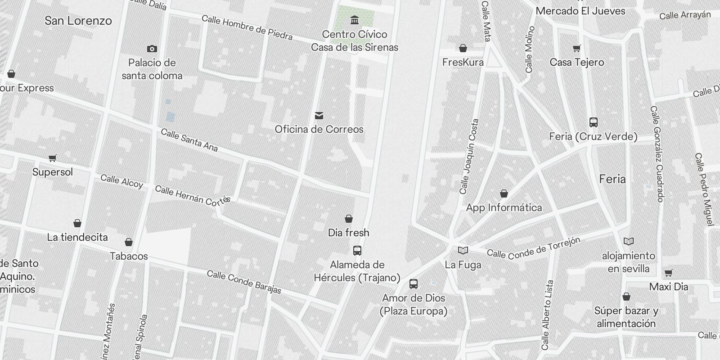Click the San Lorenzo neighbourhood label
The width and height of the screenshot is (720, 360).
tap(78, 21)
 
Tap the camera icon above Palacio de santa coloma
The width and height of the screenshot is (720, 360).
tap(152, 49)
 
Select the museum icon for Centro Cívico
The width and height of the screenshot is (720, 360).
tap(355, 20)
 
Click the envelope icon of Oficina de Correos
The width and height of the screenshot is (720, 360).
tap(319, 116)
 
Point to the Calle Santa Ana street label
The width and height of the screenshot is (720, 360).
tap(189, 140)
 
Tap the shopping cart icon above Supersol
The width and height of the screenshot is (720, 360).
tap(53, 158)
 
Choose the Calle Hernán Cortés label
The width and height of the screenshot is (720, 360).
tap(193, 195)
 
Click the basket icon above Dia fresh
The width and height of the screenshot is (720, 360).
tap(348, 219)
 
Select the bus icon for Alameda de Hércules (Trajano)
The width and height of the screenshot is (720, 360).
tap(357, 251)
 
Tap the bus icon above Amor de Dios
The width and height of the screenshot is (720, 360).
tap(414, 284)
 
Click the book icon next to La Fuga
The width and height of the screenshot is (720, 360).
tap(463, 250)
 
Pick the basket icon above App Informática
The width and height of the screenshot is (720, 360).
tap(504, 193)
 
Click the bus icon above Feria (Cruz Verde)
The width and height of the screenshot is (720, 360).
tap(594, 122)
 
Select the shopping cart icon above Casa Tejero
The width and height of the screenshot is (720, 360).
tap(577, 49)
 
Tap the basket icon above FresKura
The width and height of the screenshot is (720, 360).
tap(463, 48)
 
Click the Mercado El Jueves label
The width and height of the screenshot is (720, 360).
tap(580, 11)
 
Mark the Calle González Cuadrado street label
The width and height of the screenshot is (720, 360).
tap(657, 154)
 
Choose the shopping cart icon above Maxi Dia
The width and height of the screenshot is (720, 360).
tap(669, 273)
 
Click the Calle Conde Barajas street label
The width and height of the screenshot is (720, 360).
tap(244, 282)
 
